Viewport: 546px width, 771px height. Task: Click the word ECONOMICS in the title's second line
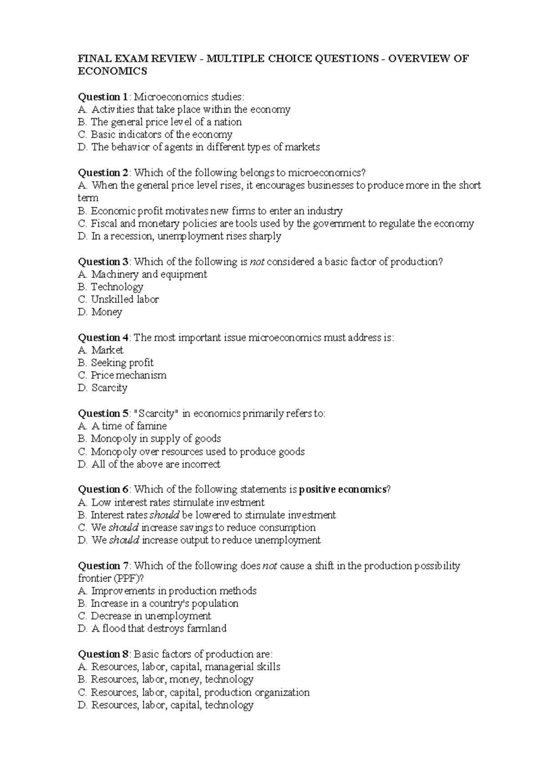[113, 71]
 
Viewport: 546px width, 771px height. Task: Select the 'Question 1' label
[103, 97]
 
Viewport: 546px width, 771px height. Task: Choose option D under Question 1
[199, 147]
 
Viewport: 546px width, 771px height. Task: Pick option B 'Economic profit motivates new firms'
[210, 211]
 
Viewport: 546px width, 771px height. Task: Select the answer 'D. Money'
[100, 312]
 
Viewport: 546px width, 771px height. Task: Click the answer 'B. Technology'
[111, 287]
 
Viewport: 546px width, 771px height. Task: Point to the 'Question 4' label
[103, 338]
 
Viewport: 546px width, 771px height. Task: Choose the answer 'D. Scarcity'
[103, 388]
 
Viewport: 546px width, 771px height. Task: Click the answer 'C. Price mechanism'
[122, 375]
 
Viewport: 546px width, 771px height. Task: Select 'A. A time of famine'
[122, 426]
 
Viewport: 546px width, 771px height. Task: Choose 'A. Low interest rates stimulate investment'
[171, 503]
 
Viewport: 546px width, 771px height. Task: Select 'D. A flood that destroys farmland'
[152, 629]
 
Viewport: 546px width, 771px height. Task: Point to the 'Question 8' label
[103, 654]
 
